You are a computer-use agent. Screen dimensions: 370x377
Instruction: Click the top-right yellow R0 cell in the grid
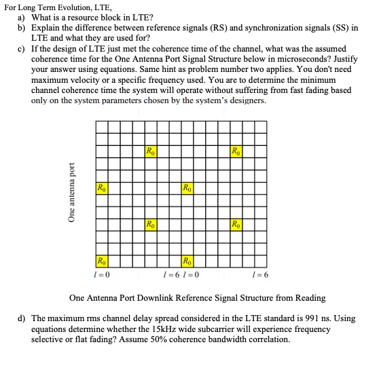click(235, 150)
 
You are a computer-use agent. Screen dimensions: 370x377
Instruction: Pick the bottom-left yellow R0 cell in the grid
click(101, 260)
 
